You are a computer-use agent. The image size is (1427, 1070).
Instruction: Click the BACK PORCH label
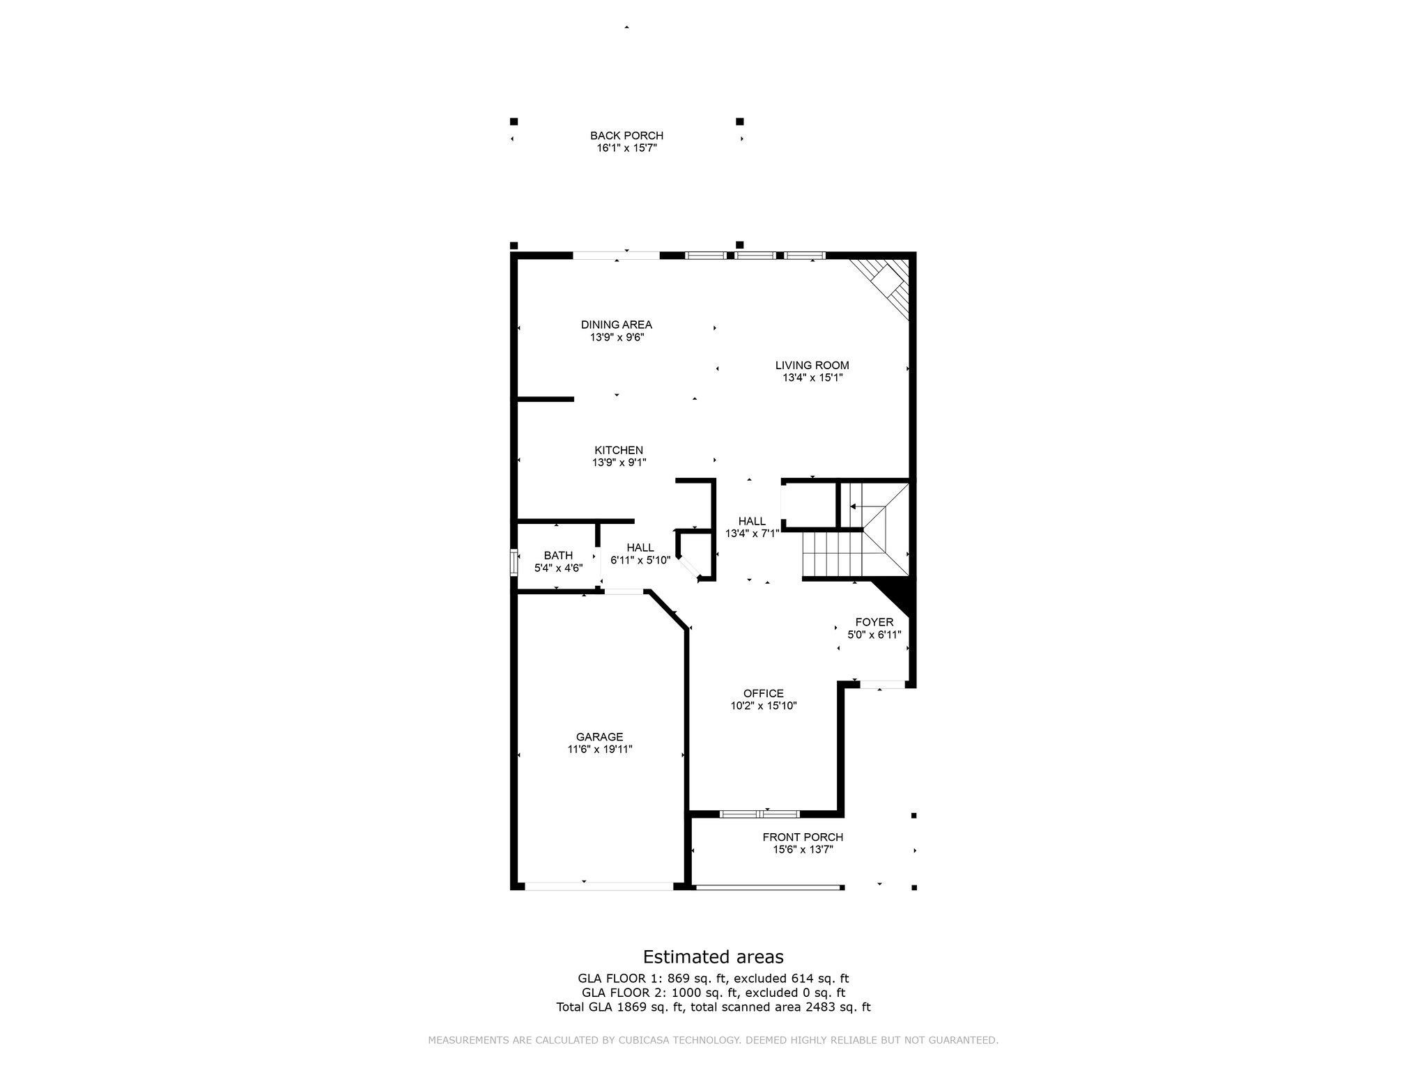point(626,136)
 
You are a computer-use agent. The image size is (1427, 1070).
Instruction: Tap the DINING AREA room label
point(617,325)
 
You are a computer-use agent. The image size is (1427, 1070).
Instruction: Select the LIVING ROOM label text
point(812,365)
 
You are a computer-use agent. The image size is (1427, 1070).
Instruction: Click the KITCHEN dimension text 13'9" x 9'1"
point(619,463)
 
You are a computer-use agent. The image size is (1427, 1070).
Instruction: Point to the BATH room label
point(558,555)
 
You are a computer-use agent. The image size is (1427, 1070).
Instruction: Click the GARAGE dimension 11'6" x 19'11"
point(599,750)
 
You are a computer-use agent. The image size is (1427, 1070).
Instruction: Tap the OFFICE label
point(763,693)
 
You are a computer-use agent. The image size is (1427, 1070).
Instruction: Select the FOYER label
point(874,622)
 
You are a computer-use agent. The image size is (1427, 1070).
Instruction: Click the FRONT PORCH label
point(803,837)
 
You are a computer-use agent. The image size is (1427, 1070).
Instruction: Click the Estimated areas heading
point(713,956)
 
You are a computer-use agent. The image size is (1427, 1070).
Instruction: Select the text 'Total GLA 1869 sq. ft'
point(620,1007)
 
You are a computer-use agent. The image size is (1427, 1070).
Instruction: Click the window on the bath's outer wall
point(514,561)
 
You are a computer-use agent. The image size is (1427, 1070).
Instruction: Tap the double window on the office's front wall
point(759,814)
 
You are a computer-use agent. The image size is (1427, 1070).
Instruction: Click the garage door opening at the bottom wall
point(599,886)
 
